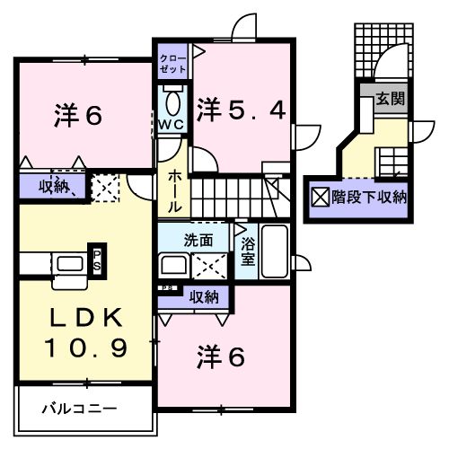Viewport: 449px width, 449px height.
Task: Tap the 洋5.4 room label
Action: (242, 110)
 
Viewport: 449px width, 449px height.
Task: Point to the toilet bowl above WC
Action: (172, 98)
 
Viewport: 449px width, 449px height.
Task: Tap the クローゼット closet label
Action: (172, 63)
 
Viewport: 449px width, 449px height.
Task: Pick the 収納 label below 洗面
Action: (203, 295)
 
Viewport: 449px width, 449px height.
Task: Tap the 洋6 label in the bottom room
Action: (221, 357)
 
